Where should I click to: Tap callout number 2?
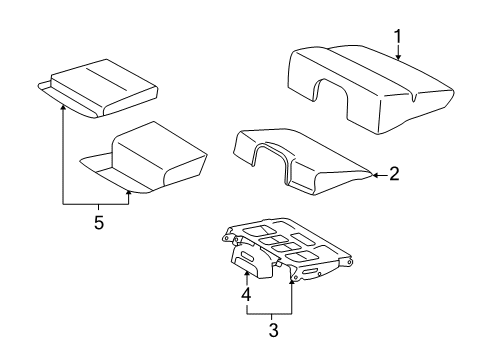(394, 174)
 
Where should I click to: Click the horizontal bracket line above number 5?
(97, 204)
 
